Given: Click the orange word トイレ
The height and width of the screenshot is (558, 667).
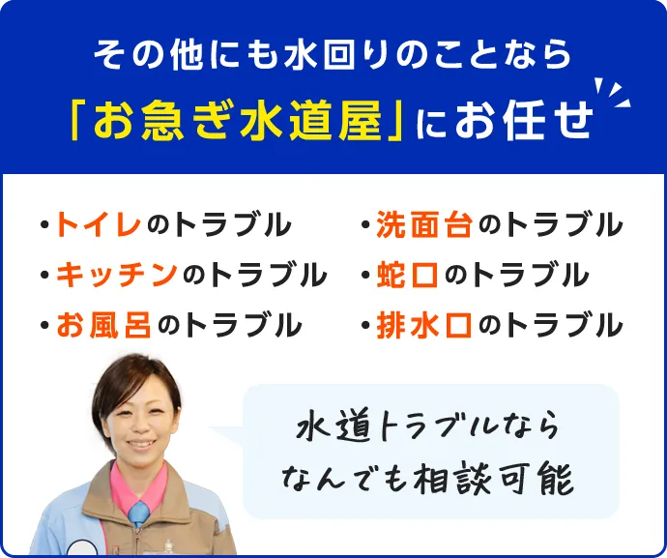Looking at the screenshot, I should point(101,224).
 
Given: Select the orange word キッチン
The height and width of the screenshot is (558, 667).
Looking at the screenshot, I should point(117,275).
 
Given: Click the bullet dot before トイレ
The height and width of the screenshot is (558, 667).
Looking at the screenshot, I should point(45,227).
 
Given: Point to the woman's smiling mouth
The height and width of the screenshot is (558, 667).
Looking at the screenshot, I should point(141,444).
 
